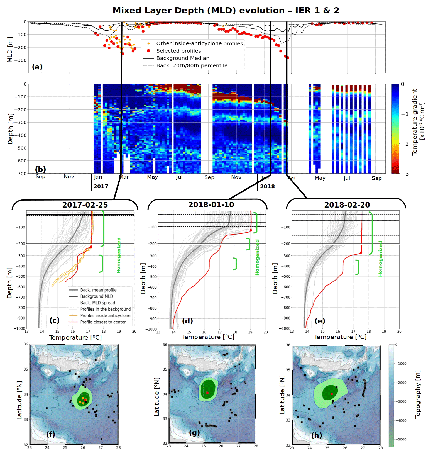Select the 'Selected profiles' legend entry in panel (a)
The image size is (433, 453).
(x=178, y=51)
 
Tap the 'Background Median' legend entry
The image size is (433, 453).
(x=183, y=58)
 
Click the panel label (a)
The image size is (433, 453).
(x=37, y=67)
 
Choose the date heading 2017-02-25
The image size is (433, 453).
(x=85, y=205)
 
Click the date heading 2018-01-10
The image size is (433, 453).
(x=211, y=205)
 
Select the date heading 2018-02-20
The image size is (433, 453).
(x=347, y=205)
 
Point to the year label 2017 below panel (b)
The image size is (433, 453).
(x=101, y=186)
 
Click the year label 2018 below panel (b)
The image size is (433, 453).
(x=267, y=186)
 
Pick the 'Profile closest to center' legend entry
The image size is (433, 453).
(x=103, y=322)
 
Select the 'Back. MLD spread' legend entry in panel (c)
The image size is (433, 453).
(x=97, y=303)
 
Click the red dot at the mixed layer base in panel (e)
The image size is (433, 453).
(x=361, y=253)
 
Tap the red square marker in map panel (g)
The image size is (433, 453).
(x=207, y=393)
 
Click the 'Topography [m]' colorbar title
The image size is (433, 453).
(x=418, y=394)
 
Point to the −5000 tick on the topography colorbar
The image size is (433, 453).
(x=400, y=439)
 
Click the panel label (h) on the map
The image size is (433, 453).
(x=317, y=435)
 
